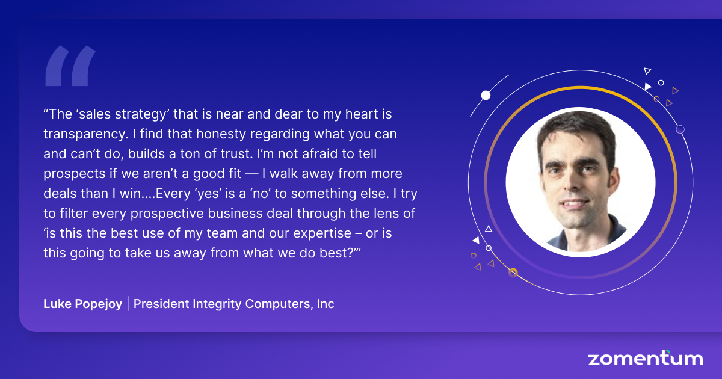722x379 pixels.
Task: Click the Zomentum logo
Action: [645, 358]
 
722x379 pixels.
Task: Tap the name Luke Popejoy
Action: [83, 304]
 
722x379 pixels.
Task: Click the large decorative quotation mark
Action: [70, 66]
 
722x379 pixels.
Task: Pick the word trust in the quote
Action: [237, 154]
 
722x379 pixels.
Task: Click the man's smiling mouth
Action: [575, 204]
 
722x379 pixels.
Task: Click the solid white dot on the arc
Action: [486, 96]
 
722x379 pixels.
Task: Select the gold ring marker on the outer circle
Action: [513, 273]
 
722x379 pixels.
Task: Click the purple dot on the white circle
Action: [680, 129]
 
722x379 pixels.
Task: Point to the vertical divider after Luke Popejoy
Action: [128, 304]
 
